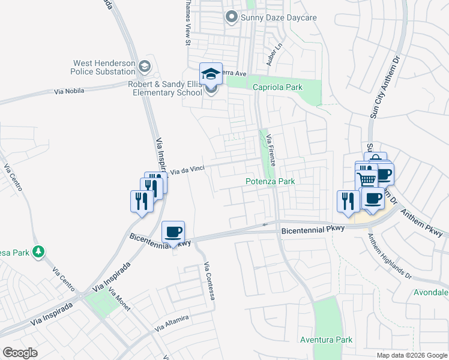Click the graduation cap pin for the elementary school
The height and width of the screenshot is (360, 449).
pos(211,74)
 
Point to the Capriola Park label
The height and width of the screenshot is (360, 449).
pos(277,87)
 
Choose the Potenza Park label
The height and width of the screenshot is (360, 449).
pos(270,181)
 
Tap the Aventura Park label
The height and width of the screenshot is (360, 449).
pos(326,340)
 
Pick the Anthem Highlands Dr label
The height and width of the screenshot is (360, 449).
pos(390,256)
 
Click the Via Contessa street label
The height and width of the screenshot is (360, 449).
pos(208,281)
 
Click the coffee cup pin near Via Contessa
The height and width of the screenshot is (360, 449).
pos(173,232)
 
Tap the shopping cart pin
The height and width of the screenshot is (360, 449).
pos(367,178)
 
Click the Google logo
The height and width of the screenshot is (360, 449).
pos(20,353)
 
